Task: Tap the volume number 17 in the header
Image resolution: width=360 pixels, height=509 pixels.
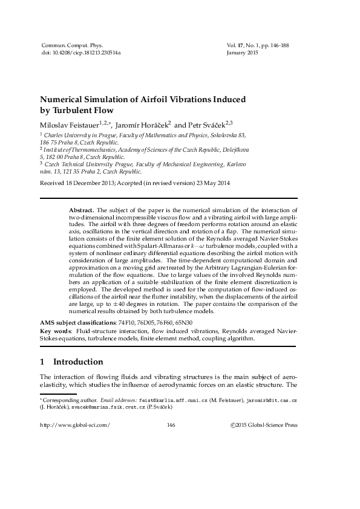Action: (240, 45)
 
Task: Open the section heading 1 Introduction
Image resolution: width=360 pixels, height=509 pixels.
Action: (71, 363)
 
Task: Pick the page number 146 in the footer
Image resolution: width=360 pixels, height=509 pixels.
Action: (170, 425)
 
